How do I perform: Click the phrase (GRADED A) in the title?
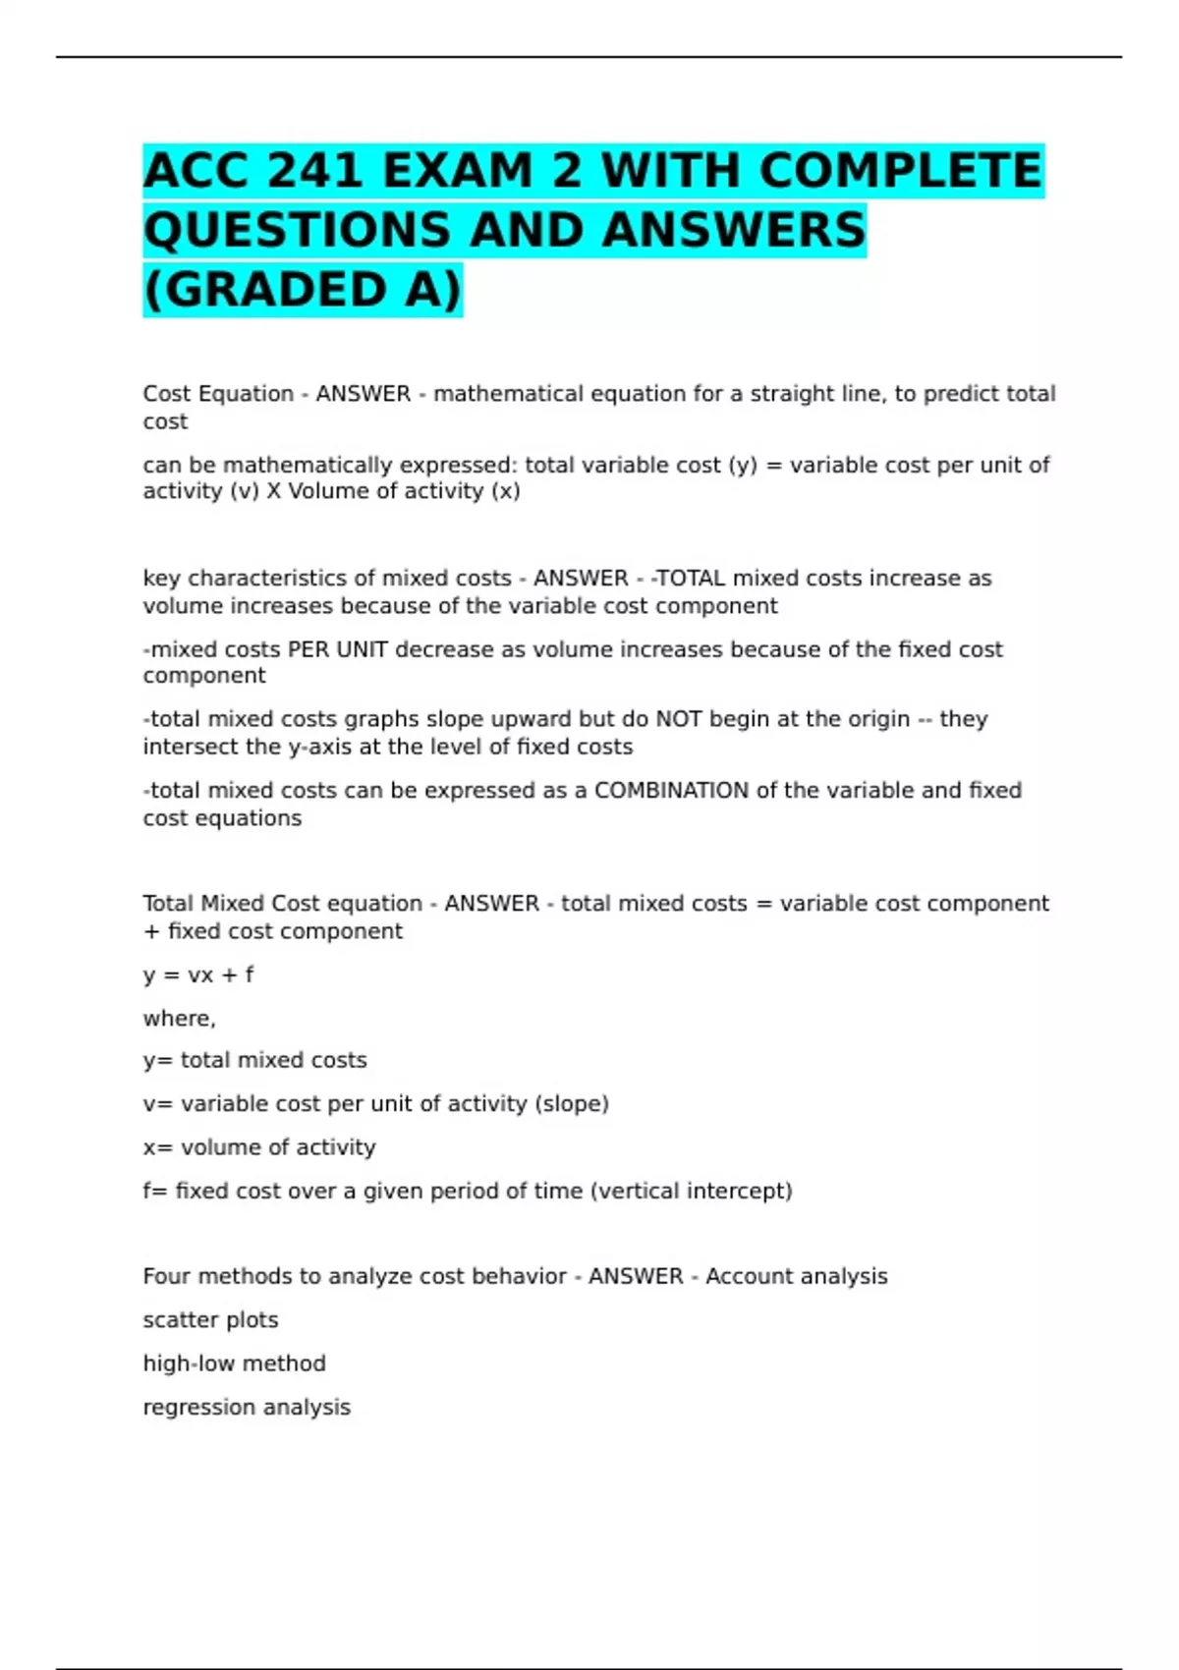(302, 290)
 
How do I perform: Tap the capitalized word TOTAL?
(692, 579)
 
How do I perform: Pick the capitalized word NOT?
(678, 719)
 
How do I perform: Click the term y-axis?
(321, 747)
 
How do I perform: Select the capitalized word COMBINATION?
(671, 791)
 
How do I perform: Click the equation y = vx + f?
(198, 974)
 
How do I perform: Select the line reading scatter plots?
(210, 1320)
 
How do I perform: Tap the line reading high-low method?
(234, 1364)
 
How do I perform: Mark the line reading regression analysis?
(247, 1408)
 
